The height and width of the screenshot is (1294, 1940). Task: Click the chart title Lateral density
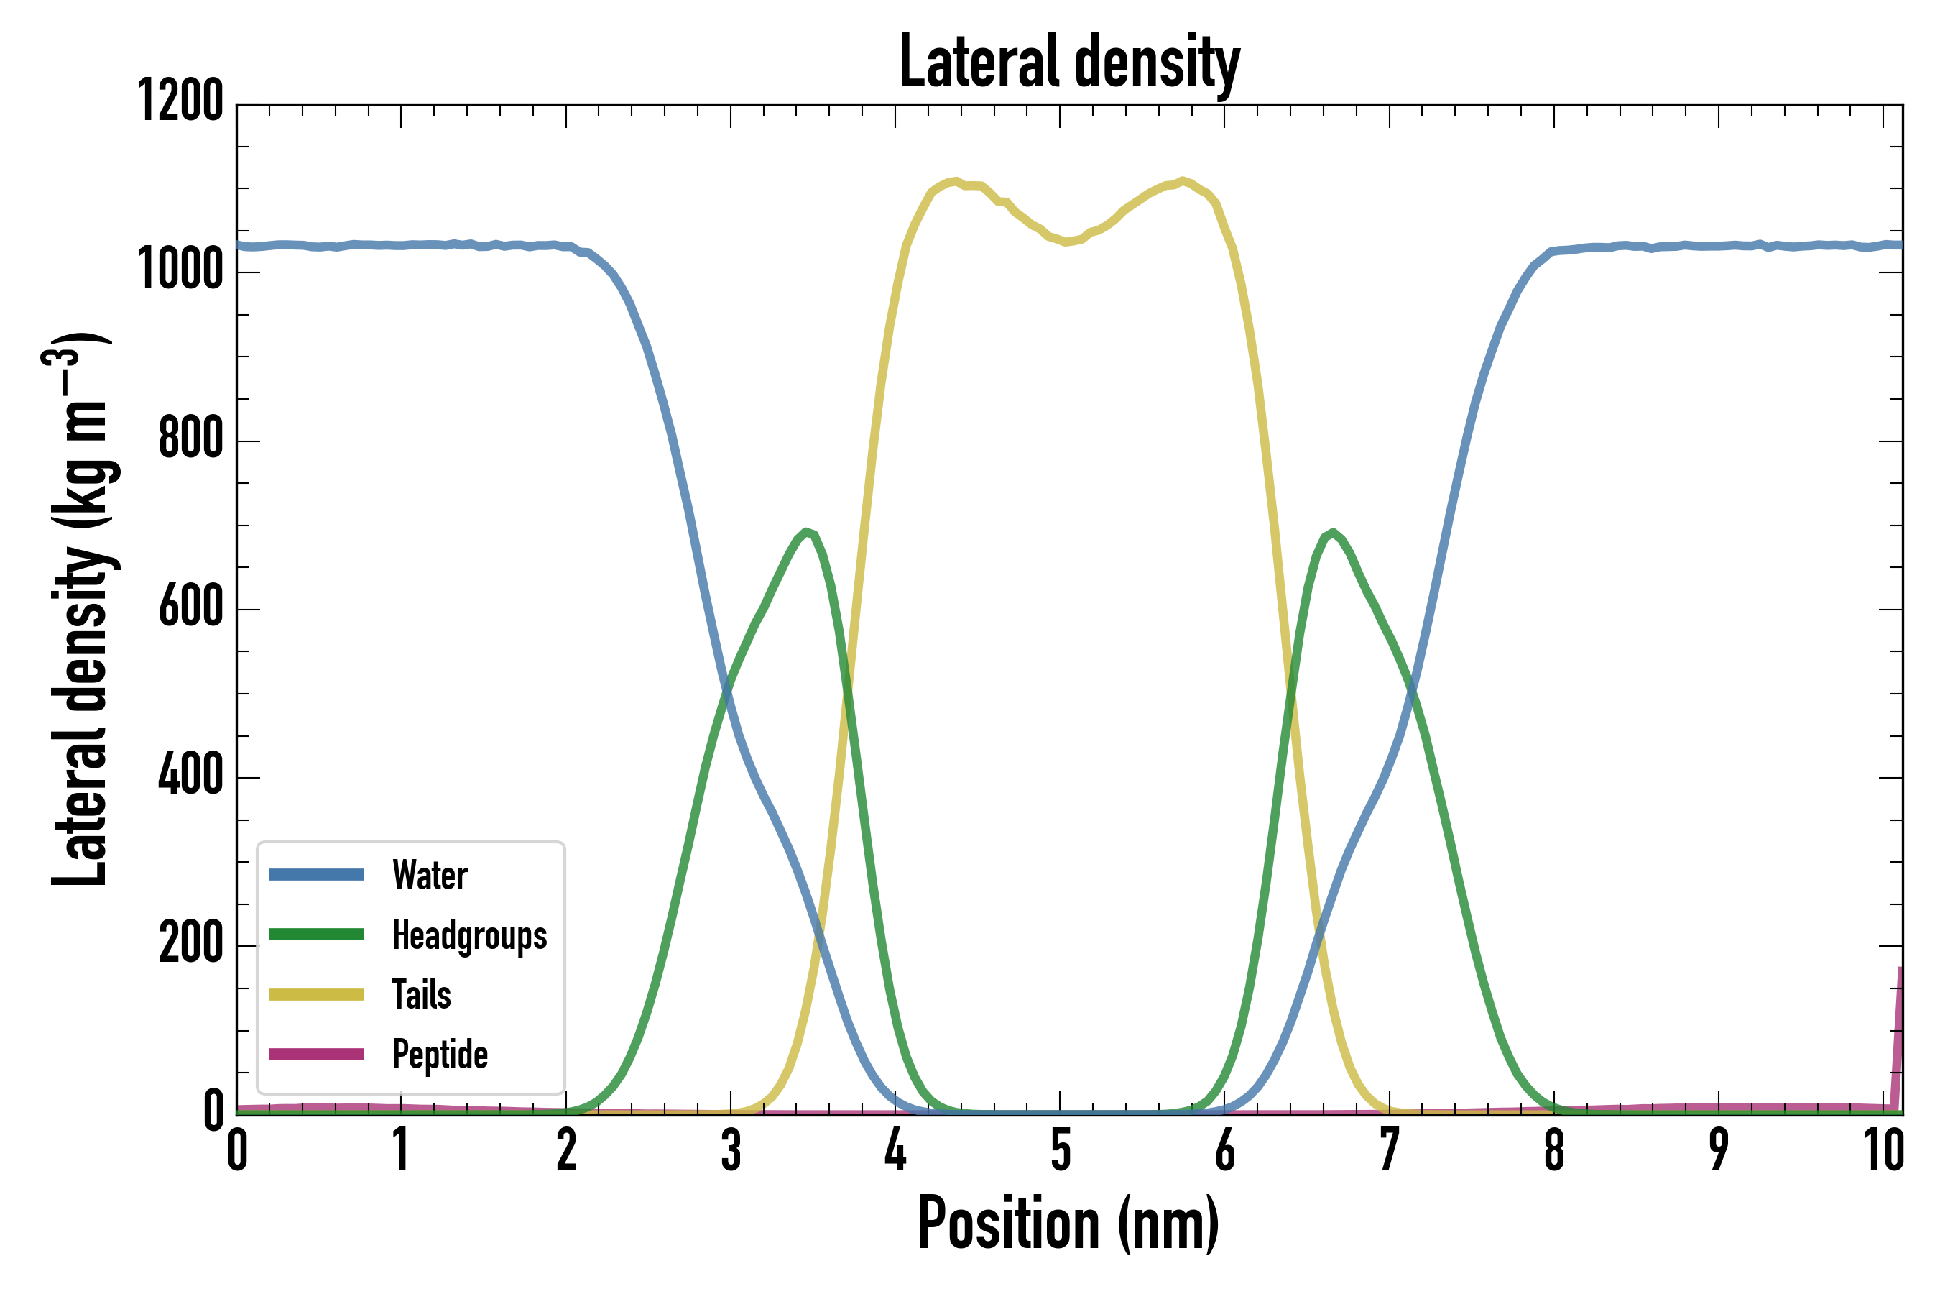[1069, 63]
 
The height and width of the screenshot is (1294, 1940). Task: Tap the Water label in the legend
[430, 875]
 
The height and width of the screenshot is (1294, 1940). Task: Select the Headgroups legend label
[469, 935]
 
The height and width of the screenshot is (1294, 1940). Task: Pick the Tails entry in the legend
[422, 994]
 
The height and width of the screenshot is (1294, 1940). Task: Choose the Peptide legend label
[440, 1054]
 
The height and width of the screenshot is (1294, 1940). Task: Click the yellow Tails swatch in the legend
[317, 994]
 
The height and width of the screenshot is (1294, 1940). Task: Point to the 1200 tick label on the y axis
[180, 101]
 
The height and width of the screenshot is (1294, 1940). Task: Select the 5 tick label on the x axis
[1061, 1150]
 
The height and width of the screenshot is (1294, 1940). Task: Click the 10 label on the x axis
[1884, 1150]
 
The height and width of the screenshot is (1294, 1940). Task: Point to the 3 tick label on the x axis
[731, 1150]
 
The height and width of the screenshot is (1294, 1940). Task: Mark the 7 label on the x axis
[1390, 1150]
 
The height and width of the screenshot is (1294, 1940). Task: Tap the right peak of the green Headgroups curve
[1333, 533]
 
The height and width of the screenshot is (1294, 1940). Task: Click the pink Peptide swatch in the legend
[317, 1054]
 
